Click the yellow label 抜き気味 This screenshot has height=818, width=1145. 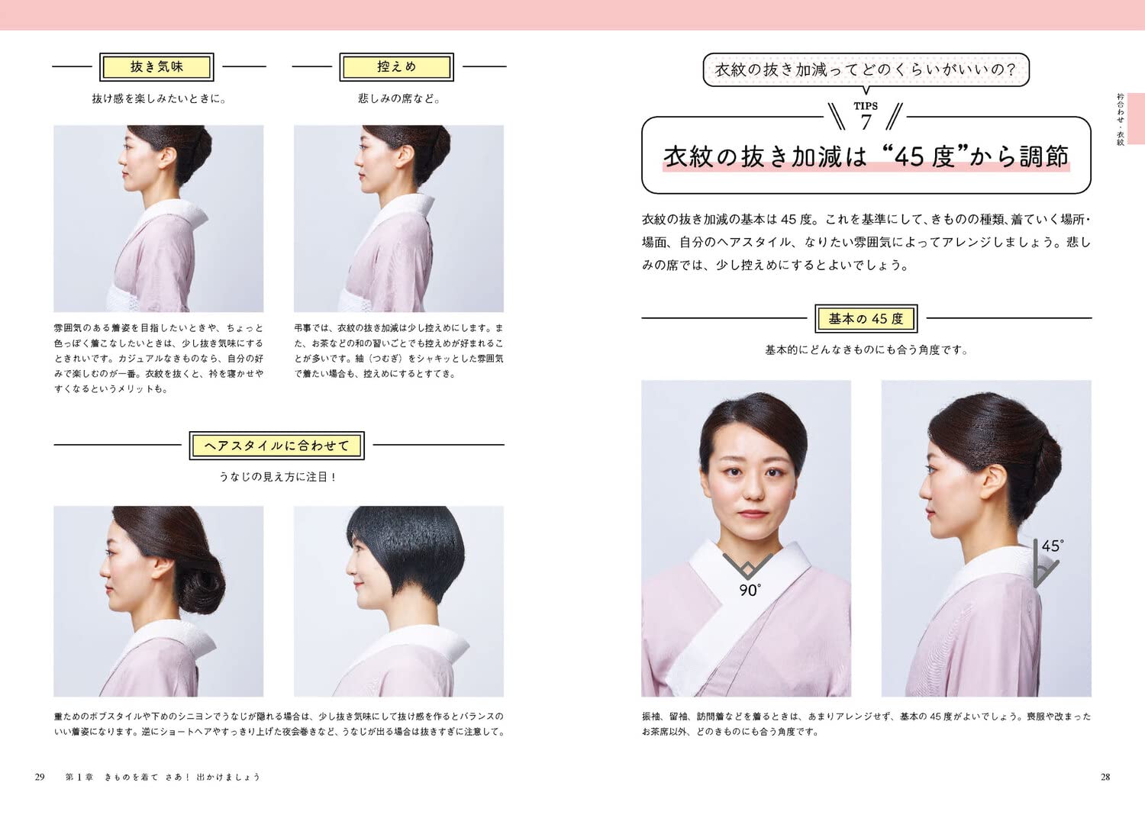coord(156,67)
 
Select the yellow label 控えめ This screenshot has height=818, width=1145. coord(396,67)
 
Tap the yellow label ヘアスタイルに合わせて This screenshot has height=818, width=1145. coord(276,446)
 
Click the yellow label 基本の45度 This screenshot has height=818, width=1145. coord(866,319)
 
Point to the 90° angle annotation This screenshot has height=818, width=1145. coord(749,590)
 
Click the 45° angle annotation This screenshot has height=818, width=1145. coord(1052,546)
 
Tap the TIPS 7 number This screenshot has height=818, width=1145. coord(866,122)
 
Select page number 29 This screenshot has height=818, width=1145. coord(40,777)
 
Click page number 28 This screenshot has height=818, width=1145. coord(1105,777)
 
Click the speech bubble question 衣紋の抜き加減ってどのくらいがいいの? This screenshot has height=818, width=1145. coord(866,70)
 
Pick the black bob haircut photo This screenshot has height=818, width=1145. coord(398,601)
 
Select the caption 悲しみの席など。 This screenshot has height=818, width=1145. coord(398,98)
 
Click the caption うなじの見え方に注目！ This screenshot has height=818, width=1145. coord(278,477)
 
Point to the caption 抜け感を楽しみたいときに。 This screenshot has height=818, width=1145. coord(159,98)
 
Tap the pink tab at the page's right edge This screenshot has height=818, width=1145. coord(1135,118)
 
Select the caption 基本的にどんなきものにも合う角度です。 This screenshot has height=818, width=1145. coord(866,350)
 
